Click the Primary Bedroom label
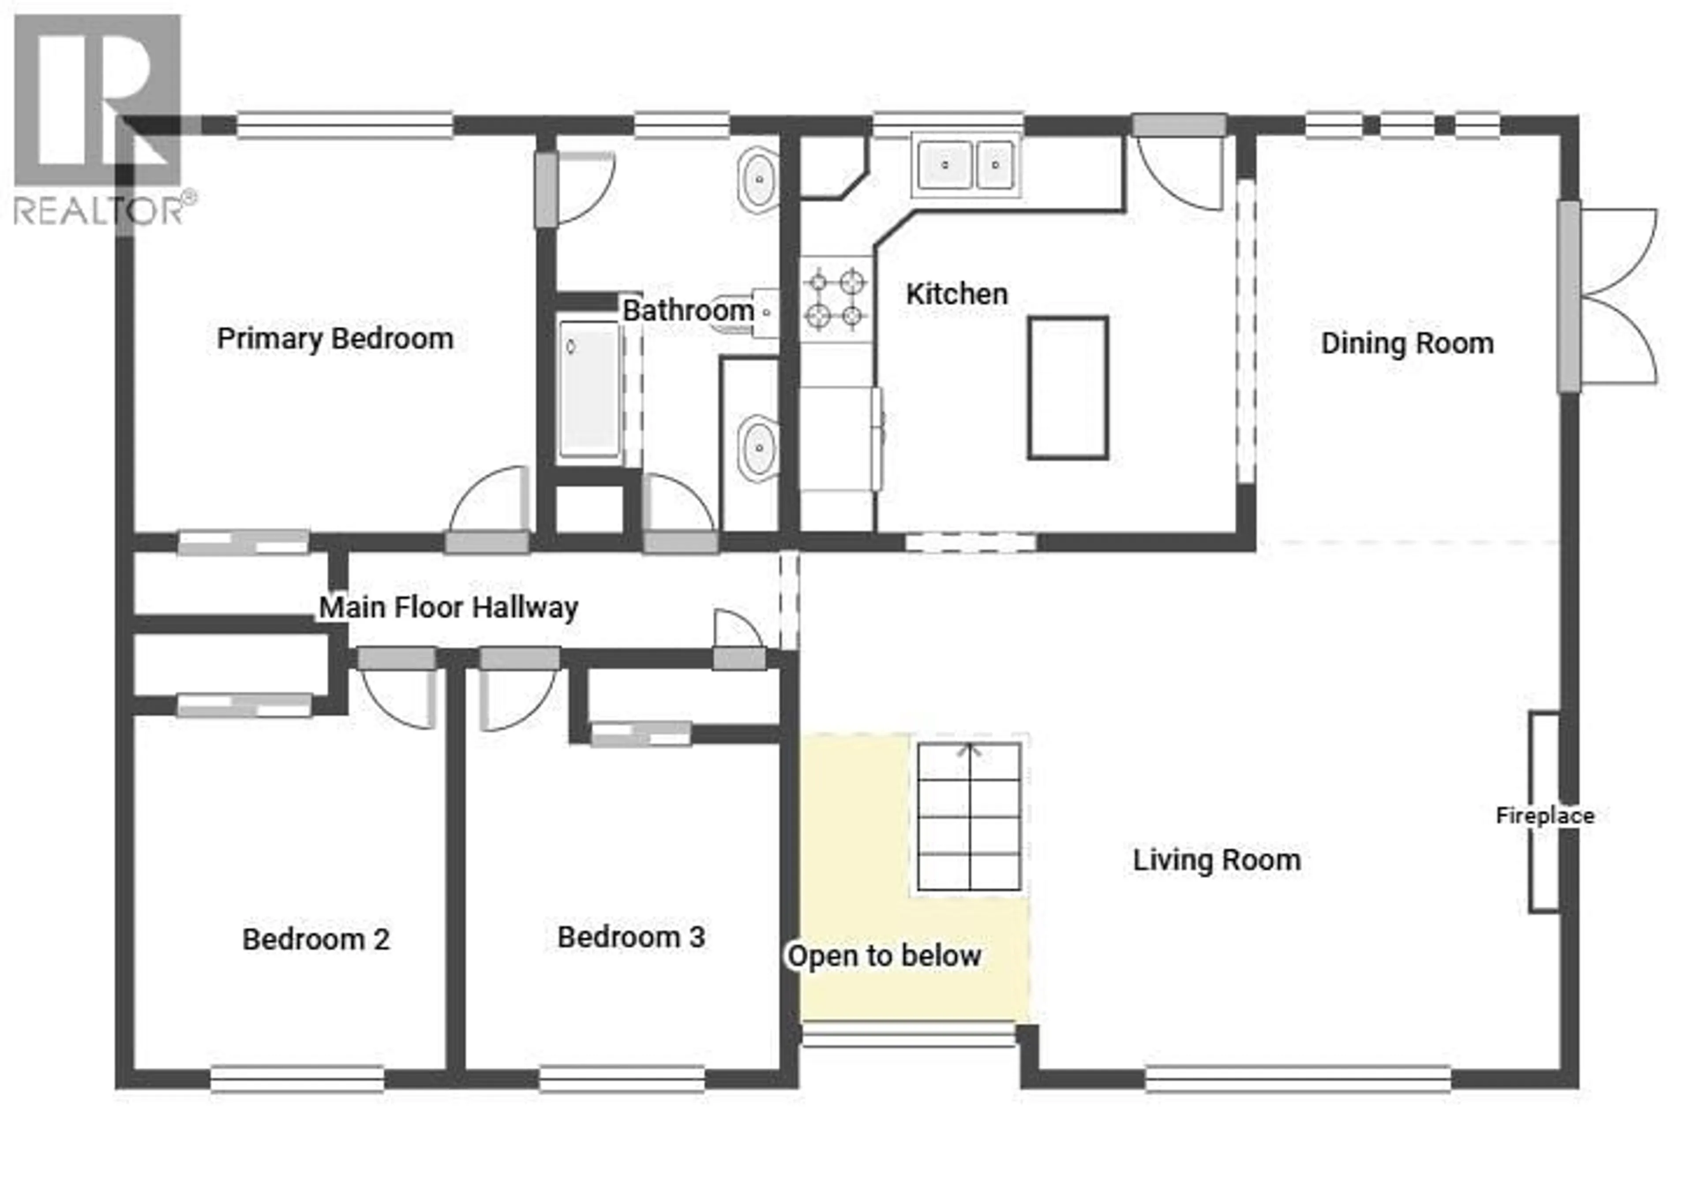point(334,339)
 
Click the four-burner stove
point(835,299)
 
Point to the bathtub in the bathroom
point(589,389)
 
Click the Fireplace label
point(1544,816)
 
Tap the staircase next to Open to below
point(969,816)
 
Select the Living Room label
point(1216,860)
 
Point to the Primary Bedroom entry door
point(490,504)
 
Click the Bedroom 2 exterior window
point(297,1079)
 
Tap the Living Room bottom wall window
point(1297,1079)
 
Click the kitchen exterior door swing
point(1179,174)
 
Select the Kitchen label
point(956,294)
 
